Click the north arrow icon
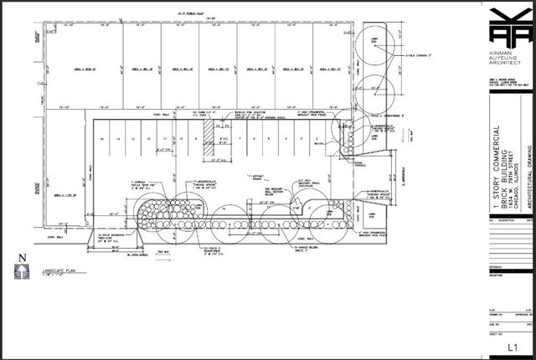(x=23, y=271)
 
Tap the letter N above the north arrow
(x=23, y=257)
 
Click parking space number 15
(x=100, y=137)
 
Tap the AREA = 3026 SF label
(x=66, y=69)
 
